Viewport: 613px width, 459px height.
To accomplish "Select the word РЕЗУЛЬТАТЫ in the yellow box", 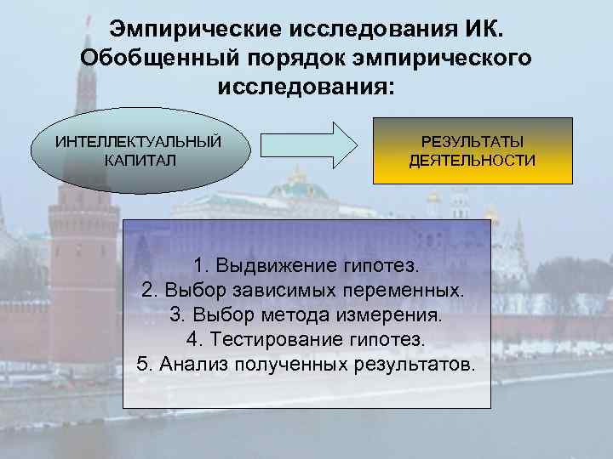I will pyautogui.click(x=473, y=141).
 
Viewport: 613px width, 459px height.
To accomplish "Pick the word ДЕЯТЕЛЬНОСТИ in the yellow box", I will pyautogui.click(x=473, y=160).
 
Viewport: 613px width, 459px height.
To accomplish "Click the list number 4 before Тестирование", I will pyautogui.click(x=192, y=340).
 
